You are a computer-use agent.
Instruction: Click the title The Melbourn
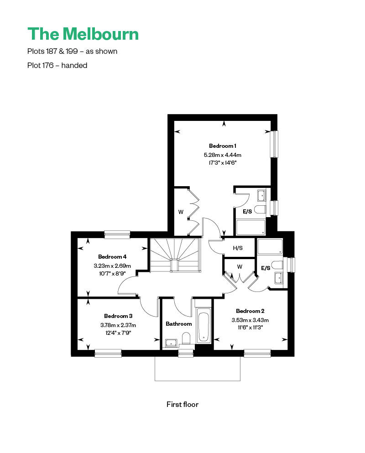[83, 34]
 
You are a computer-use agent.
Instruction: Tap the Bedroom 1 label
[223, 146]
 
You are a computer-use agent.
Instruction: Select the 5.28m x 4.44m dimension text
[223, 155]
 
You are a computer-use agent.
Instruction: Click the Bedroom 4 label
[112, 256]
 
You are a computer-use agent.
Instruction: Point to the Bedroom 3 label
[118, 316]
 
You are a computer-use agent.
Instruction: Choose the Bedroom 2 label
[250, 311]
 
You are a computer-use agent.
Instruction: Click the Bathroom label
[178, 324]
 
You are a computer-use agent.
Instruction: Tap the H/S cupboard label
[238, 248]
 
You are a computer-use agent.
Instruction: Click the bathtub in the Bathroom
[203, 325]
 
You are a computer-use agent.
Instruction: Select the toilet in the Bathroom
[186, 338]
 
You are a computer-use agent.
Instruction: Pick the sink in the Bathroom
[172, 343]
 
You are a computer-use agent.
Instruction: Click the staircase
[175, 255]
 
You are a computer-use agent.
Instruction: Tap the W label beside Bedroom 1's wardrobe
[181, 212]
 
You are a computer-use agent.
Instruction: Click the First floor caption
[182, 404]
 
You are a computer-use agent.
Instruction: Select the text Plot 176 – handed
[57, 65]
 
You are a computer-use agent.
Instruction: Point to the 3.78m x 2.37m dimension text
[118, 325]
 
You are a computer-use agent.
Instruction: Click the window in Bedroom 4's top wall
[117, 234]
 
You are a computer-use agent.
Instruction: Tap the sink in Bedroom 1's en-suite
[262, 196]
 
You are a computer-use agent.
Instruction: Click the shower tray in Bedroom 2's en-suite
[270, 246]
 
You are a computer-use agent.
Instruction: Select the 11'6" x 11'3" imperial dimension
[250, 328]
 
